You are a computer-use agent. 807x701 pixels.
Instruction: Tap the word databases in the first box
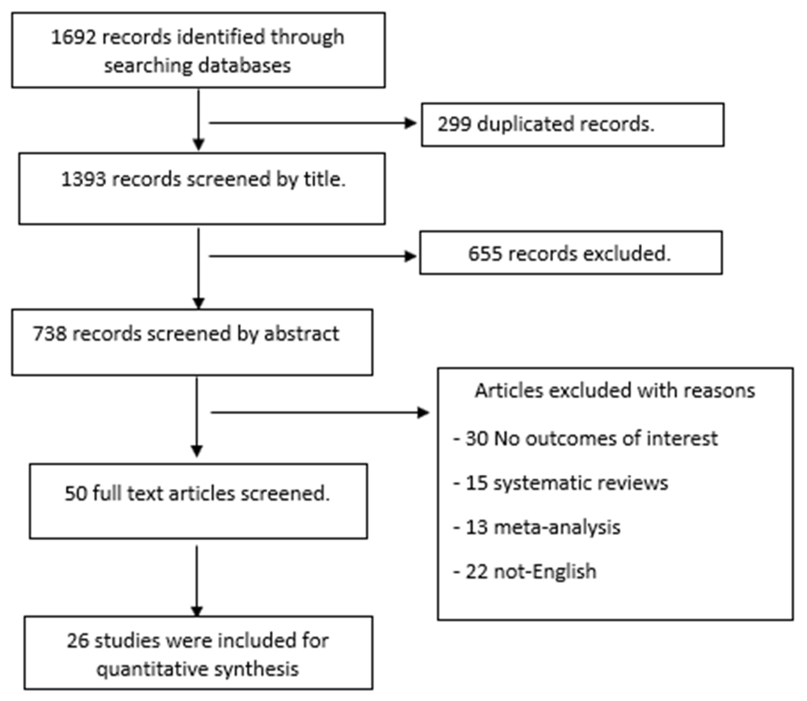pos(244,65)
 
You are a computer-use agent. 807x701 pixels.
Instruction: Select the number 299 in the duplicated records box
pos(454,124)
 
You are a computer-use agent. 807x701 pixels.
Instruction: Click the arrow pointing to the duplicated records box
pos(313,123)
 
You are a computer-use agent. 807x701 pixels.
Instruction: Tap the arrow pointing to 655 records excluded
pos(313,257)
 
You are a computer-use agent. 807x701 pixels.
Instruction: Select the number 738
pos(50,334)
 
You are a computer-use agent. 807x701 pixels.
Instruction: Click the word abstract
pos(302,334)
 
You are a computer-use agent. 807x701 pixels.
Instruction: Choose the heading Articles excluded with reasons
pos(615,391)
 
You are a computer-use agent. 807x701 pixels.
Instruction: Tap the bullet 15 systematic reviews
pos(561,483)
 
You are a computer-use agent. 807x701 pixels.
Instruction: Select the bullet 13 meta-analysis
pos(537,527)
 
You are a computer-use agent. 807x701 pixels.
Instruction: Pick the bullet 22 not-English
pos(525,572)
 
